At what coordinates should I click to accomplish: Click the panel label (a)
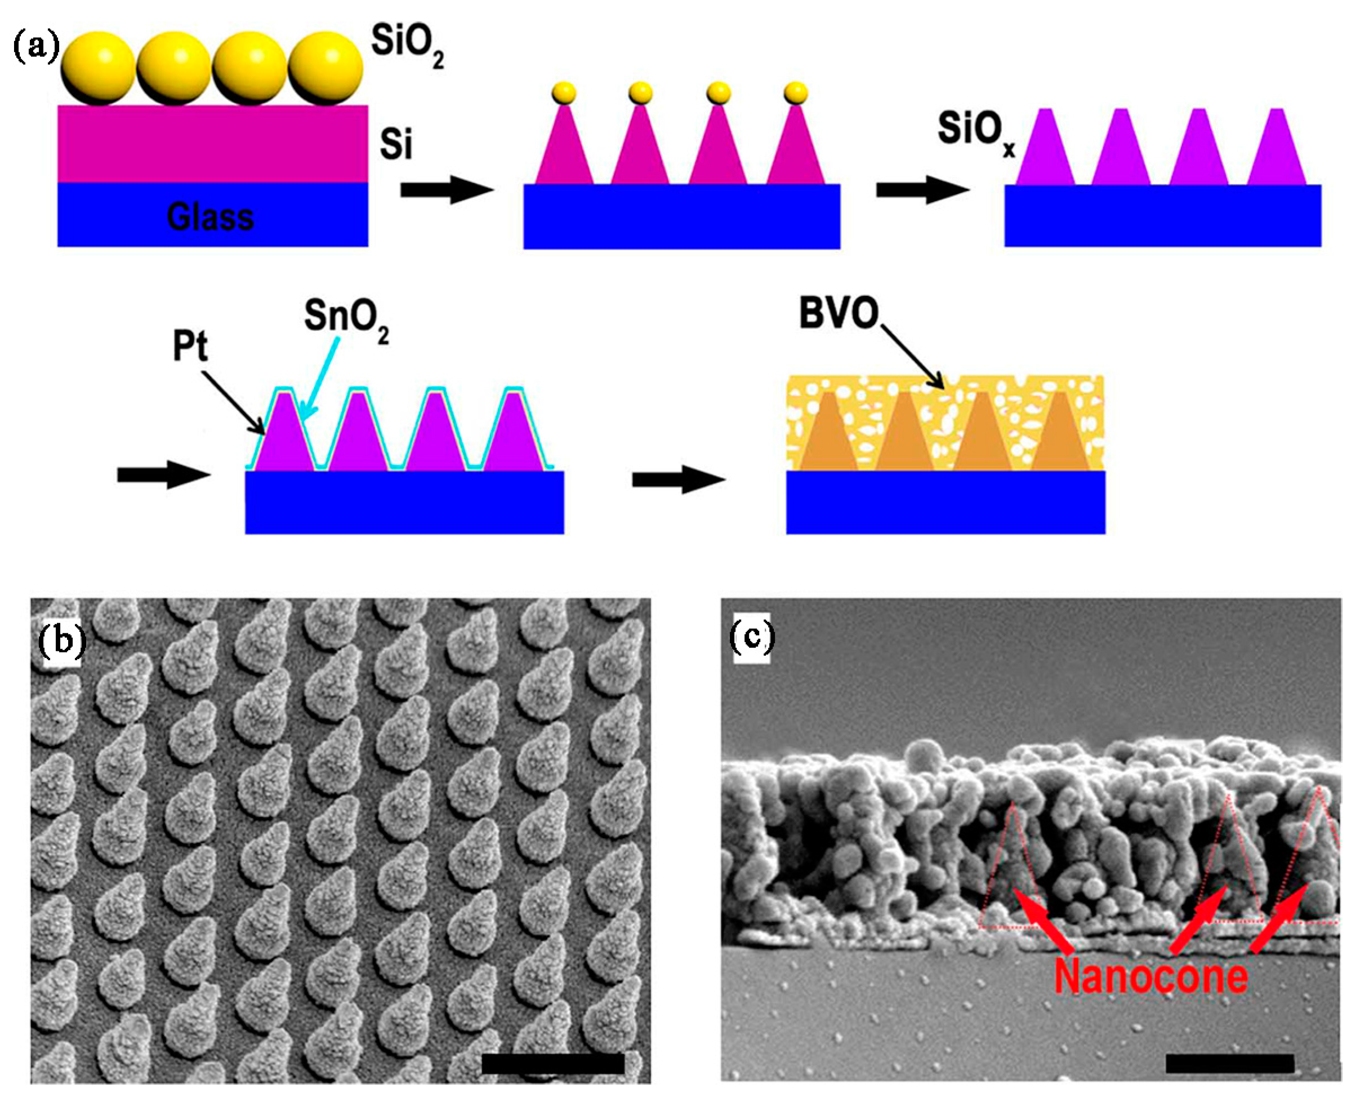36,48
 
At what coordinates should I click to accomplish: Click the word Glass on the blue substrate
211,216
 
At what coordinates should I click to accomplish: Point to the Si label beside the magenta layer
396,144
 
